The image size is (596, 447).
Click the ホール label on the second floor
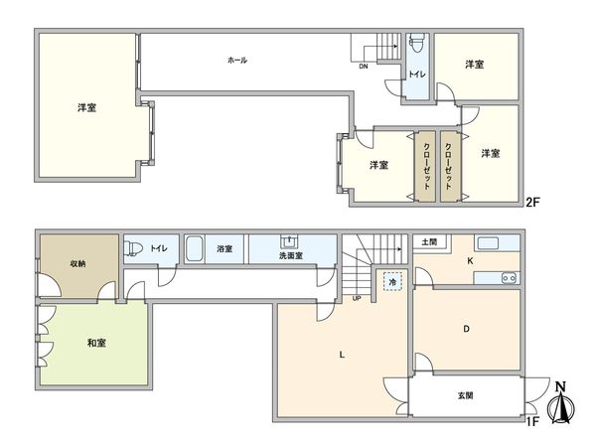pyautogui.click(x=236, y=61)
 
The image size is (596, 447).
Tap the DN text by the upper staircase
pyautogui.click(x=364, y=67)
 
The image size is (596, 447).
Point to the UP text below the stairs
pyautogui.click(x=356, y=297)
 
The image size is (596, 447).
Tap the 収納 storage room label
pyautogui.click(x=77, y=264)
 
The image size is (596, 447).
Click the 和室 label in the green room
pyautogui.click(x=95, y=343)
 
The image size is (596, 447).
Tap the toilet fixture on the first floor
pyautogui.click(x=133, y=248)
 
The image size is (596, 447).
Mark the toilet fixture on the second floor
pyautogui.click(x=418, y=44)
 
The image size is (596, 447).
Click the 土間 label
pyautogui.click(x=429, y=242)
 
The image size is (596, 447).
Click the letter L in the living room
pyautogui.click(x=343, y=354)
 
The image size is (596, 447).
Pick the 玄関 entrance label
pyautogui.click(x=465, y=395)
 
